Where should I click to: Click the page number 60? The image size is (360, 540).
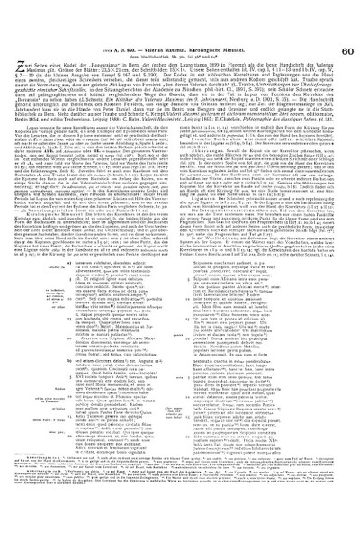click(349, 10)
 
